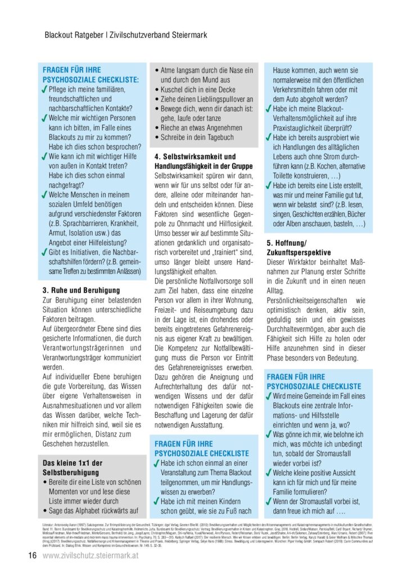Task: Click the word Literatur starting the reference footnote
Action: click(51, 524)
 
